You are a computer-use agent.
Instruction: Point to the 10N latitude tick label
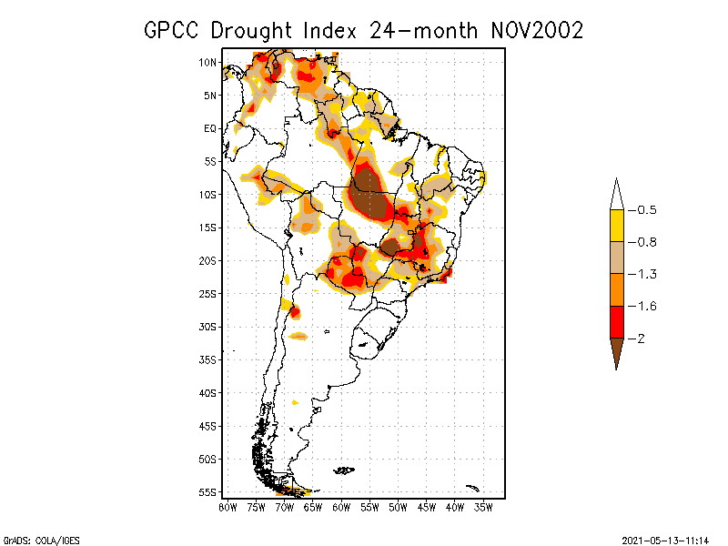click(x=208, y=63)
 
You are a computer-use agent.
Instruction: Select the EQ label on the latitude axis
click(x=210, y=128)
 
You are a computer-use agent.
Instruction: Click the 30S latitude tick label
click(x=208, y=327)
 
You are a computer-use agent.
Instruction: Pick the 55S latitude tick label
click(x=208, y=492)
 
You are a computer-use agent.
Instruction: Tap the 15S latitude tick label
click(x=208, y=227)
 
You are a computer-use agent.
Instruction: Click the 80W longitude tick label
click(x=227, y=507)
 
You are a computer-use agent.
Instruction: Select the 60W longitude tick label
click(x=341, y=507)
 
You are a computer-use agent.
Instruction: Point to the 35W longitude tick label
click(x=483, y=507)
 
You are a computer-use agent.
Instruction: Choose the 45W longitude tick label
click(x=427, y=507)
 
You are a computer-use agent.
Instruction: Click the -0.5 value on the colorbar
click(x=644, y=210)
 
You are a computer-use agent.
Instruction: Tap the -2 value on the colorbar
click(x=640, y=338)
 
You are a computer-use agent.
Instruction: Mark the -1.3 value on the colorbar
click(x=644, y=274)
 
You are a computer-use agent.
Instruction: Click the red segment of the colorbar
click(x=616, y=321)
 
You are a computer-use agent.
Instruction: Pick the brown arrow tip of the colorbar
click(x=616, y=355)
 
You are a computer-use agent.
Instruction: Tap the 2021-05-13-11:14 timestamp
click(x=665, y=540)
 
